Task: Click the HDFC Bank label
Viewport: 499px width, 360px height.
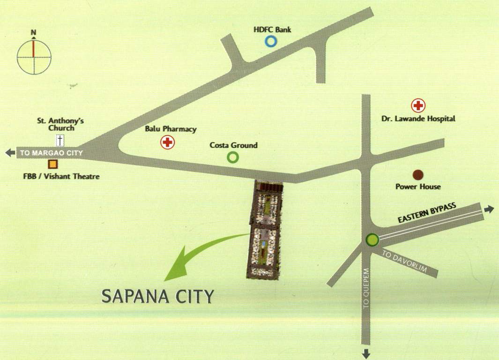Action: [272, 30]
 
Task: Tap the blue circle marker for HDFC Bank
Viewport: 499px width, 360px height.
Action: [271, 42]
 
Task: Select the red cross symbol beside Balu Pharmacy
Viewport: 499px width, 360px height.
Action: [167, 142]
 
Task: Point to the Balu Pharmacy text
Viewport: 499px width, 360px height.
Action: [171, 129]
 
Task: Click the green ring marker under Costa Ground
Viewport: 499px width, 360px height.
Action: [232, 157]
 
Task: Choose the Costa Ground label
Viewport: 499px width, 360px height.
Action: [233, 145]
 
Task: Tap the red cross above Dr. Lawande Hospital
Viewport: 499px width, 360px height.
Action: [417, 106]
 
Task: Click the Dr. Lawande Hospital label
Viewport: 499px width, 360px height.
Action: [418, 119]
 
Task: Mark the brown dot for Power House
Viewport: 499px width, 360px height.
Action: [418, 175]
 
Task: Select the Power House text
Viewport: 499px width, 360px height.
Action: [418, 187]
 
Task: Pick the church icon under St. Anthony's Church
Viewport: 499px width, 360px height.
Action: [60, 140]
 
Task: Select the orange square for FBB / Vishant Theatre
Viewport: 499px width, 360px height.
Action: [53, 164]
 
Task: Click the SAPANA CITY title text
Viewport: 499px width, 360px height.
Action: [158, 296]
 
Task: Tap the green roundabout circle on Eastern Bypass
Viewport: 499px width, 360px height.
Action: [372, 240]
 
